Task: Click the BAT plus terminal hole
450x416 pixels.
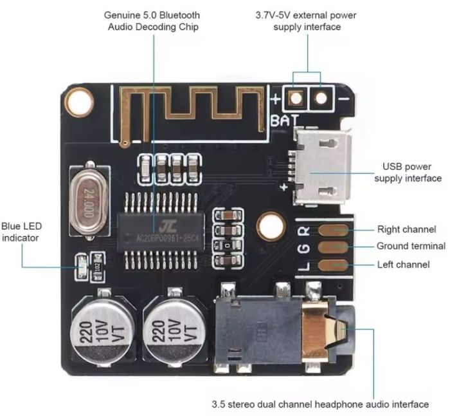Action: coord(296,98)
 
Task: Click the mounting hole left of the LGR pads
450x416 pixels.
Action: coord(271,226)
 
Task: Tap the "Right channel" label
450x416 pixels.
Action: coord(406,229)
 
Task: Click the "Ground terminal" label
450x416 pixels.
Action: coord(411,246)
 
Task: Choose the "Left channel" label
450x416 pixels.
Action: coord(404,264)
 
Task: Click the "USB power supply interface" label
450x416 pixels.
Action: coord(408,172)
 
